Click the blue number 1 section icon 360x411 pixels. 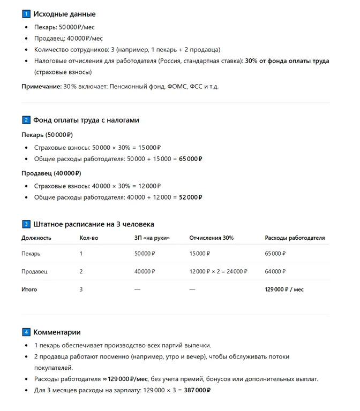[x=26, y=14]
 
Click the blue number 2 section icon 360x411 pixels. [x=26, y=120]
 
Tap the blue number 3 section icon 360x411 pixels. [x=26, y=224]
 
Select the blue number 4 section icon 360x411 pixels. [x=26, y=332]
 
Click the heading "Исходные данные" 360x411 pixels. [x=64, y=14]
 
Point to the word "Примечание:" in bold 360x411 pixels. [x=41, y=86]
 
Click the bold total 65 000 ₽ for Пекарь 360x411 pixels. [x=190, y=159]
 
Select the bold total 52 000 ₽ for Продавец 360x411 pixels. [x=190, y=197]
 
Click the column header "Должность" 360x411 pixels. [x=36, y=238]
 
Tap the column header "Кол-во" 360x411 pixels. [x=89, y=238]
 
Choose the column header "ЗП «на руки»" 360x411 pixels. [x=152, y=238]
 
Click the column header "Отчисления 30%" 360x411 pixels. [x=212, y=238]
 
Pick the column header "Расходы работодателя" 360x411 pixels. [x=295, y=238]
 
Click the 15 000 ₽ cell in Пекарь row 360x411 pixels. [x=200, y=254]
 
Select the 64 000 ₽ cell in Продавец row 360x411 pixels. [x=275, y=271]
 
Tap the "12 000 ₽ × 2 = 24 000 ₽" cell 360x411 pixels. [x=219, y=271]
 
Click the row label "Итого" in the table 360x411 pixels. [x=29, y=290]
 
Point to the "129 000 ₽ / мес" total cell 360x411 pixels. [x=284, y=290]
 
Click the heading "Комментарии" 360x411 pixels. [x=57, y=332]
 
